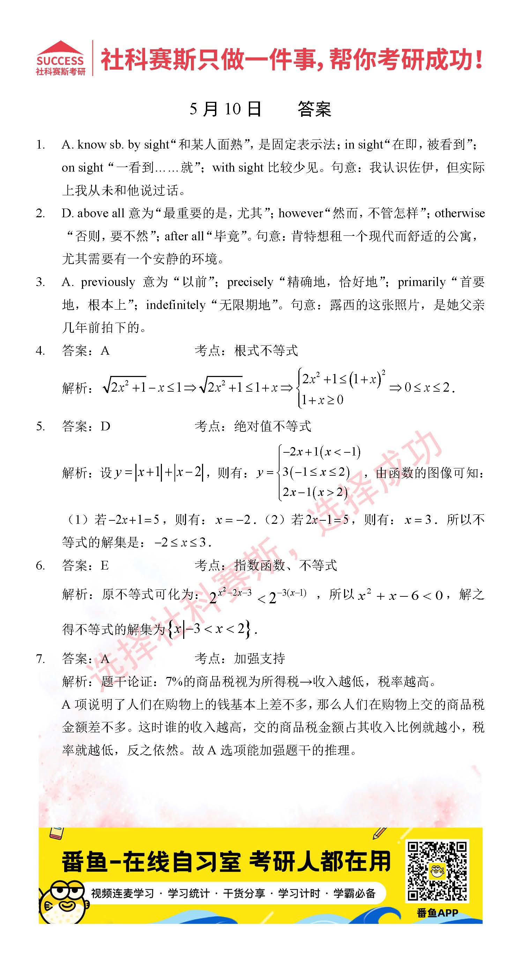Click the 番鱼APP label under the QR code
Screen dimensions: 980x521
(437, 913)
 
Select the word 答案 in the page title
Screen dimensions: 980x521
(314, 110)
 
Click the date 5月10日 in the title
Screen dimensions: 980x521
(225, 110)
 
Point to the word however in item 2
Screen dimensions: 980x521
(301, 213)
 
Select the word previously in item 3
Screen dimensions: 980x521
(108, 282)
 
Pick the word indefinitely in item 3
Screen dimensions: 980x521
(176, 305)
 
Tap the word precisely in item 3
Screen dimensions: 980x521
(250, 282)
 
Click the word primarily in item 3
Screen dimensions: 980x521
(421, 282)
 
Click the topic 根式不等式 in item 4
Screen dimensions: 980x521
(266, 351)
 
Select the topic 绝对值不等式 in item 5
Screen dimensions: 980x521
(273, 427)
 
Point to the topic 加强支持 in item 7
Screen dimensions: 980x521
(260, 658)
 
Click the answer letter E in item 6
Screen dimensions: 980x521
(105, 566)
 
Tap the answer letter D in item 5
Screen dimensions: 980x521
(105, 427)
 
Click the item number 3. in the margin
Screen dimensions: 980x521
(40, 282)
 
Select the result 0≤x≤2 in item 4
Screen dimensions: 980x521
(427, 388)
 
